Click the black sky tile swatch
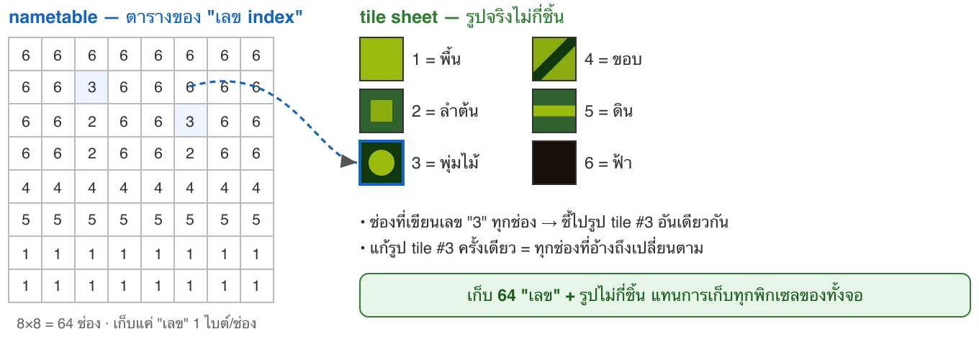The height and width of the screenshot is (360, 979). [x=554, y=163]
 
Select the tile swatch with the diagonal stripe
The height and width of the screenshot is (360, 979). [x=554, y=59]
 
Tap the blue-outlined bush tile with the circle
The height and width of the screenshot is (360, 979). [x=382, y=163]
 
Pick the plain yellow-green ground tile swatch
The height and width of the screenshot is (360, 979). [x=382, y=59]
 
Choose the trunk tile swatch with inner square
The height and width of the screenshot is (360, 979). [x=382, y=111]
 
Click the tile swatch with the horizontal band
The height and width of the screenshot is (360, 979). [x=554, y=111]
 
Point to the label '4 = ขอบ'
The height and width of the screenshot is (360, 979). [x=613, y=60]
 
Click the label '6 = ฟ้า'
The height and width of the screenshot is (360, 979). [x=608, y=163]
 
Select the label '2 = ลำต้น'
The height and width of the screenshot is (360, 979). [x=445, y=111]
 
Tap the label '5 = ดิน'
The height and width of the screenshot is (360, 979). [x=608, y=111]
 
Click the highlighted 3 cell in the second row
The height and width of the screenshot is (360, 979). [x=91, y=87]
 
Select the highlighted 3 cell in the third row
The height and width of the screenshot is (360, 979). [x=190, y=120]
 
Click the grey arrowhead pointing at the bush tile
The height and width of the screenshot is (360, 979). [x=348, y=161]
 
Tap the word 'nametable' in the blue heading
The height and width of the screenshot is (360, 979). [x=53, y=17]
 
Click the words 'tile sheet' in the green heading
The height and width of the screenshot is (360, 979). [x=399, y=17]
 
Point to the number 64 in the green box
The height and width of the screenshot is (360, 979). [x=507, y=296]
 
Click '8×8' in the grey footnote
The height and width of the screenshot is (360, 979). [x=28, y=324]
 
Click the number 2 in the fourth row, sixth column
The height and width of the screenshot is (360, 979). [x=190, y=153]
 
